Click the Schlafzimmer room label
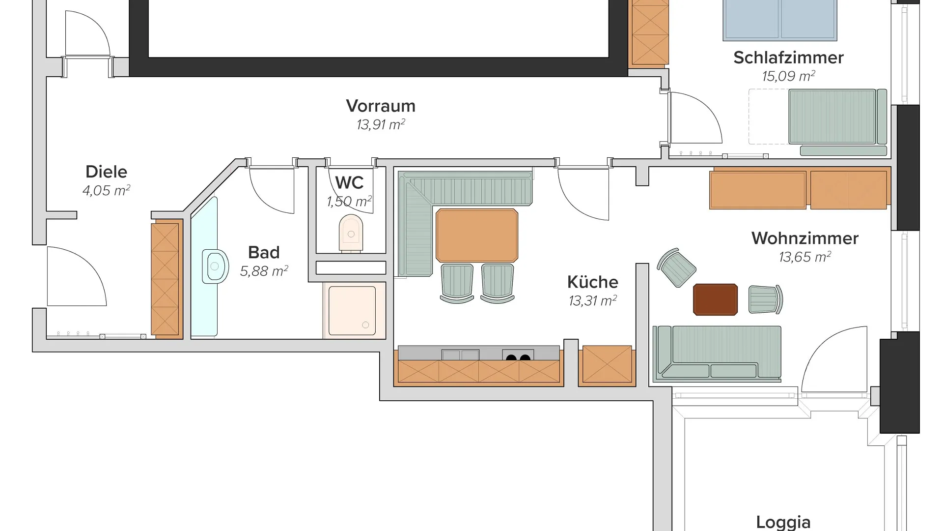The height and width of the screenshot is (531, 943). [x=788, y=58]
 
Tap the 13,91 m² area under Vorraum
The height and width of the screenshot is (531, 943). [x=381, y=125]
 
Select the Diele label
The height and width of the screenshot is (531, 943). [x=106, y=172]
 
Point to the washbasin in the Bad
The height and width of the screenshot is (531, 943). [x=215, y=266]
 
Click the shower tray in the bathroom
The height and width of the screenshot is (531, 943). [x=352, y=311]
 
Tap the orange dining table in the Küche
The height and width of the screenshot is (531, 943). [x=476, y=236]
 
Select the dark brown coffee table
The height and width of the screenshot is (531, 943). [x=715, y=299]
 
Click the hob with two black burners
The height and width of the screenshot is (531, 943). [x=518, y=355]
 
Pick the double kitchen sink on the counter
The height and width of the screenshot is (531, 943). [x=460, y=355]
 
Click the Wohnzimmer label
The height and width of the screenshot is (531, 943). [x=805, y=238]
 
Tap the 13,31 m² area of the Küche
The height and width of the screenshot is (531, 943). [x=593, y=300]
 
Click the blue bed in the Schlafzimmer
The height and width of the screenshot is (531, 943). [x=780, y=20]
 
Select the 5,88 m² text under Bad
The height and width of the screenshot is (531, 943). [x=264, y=271]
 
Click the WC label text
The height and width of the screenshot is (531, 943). [x=349, y=183]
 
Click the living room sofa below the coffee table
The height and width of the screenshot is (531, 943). [x=717, y=354]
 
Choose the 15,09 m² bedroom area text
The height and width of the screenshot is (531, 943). [x=788, y=76]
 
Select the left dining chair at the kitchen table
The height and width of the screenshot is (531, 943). [x=457, y=283]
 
